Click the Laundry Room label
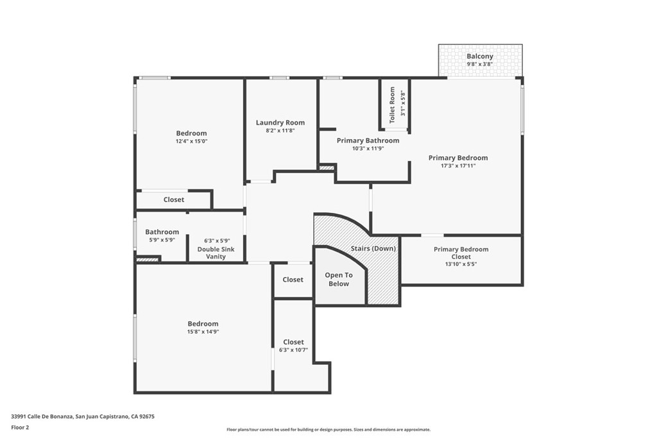click(280, 122)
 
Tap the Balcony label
click(480, 56)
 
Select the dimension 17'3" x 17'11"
click(458, 166)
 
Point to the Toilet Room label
click(392, 105)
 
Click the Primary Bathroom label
click(368, 140)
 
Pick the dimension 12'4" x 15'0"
click(191, 142)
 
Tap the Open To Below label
click(339, 280)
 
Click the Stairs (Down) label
click(373, 248)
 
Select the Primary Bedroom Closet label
click(461, 253)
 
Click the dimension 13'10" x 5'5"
click(461, 264)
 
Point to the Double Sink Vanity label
click(216, 253)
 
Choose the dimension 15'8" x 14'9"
click(203, 332)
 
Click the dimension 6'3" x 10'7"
click(293, 350)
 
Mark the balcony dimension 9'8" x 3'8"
click(480, 65)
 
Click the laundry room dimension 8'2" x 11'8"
click(280, 131)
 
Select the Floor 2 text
click(20, 428)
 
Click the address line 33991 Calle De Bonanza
click(83, 417)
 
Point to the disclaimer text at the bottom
click(328, 430)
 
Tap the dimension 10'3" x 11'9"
click(368, 148)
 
